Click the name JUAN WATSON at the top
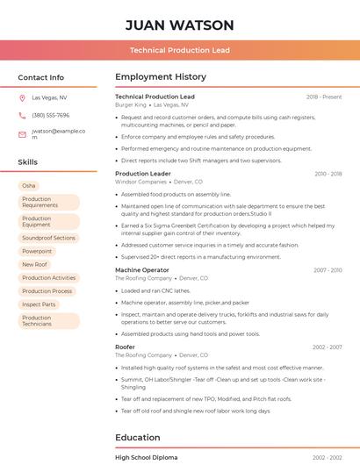click(179, 25)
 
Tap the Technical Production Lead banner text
click(179, 50)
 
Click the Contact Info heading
click(40, 77)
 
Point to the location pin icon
click(22, 98)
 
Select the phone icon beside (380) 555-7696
click(22, 116)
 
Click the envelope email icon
click(22, 134)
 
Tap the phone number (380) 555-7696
click(50, 116)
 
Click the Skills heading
click(27, 162)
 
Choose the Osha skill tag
click(29, 186)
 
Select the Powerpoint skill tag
click(37, 251)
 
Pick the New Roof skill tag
click(34, 264)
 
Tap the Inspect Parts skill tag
click(39, 304)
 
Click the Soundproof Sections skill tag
click(48, 238)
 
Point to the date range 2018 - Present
click(324, 97)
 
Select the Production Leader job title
click(143, 174)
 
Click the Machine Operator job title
click(142, 270)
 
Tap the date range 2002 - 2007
click(327, 347)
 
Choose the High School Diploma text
click(146, 458)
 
